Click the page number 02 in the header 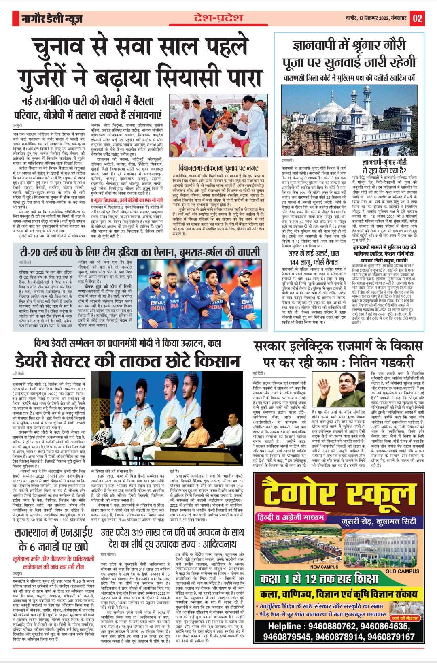pyautogui.click(x=417, y=18)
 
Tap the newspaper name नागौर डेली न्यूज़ pyautogui.click(x=52, y=19)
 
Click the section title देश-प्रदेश pyautogui.click(x=218, y=18)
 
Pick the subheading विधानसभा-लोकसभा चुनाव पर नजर pyautogui.click(x=218, y=167)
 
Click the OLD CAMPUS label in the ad pyautogui.click(x=402, y=571)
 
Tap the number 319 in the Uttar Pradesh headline pyautogui.click(x=138, y=532)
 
